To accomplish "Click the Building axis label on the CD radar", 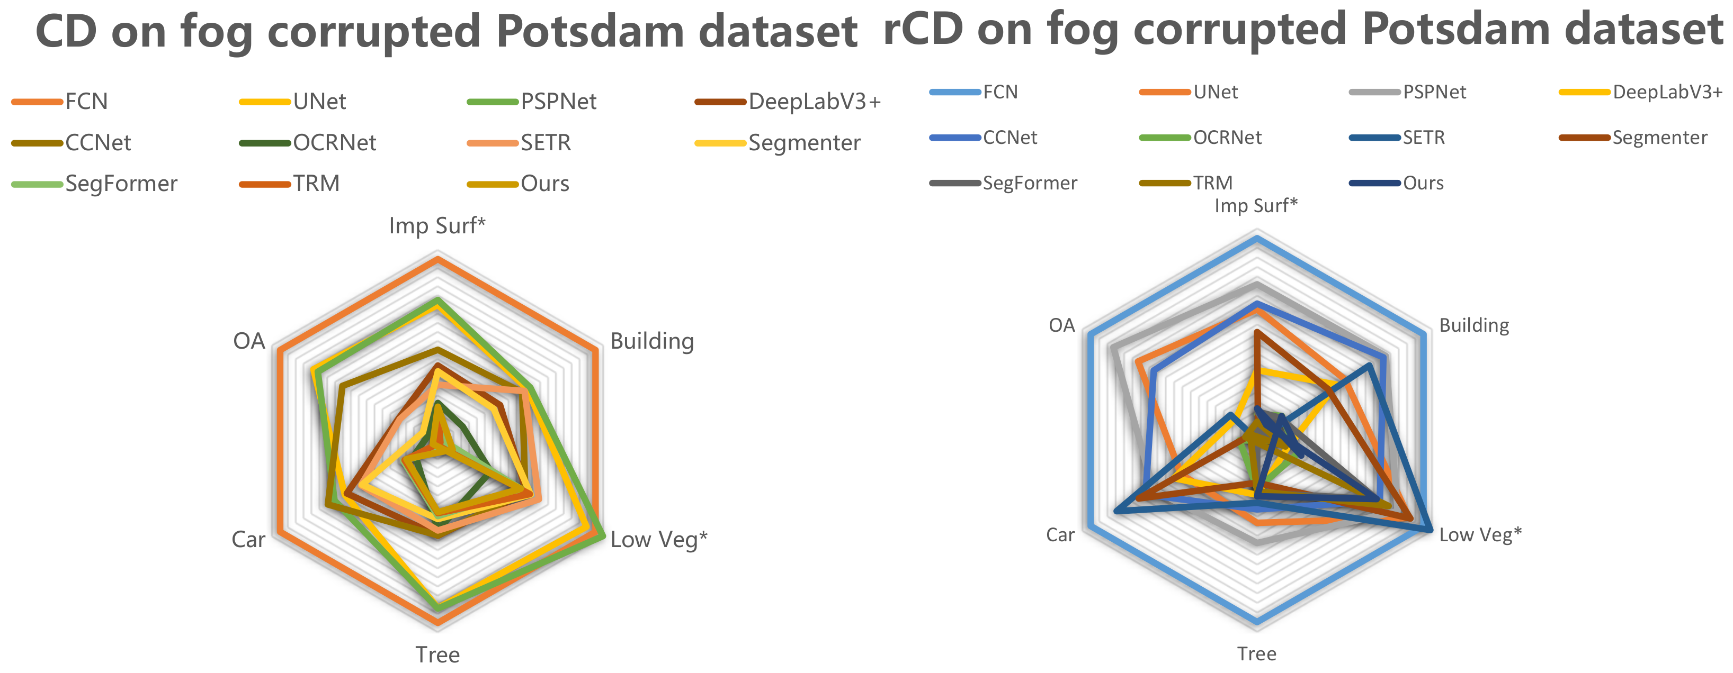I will click(x=652, y=342).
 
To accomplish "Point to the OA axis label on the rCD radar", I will click(x=1061, y=326).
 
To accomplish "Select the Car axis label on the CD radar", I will click(x=248, y=539).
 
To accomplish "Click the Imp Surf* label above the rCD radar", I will click(x=1255, y=206).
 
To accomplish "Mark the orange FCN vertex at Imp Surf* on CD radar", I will click(x=437, y=258).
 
